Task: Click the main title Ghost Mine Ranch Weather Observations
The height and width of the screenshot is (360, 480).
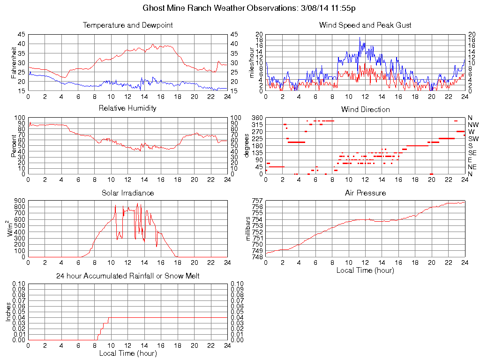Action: (x=249, y=8)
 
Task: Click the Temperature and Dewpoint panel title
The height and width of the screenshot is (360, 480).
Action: (x=127, y=25)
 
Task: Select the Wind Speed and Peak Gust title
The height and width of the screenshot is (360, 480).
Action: (x=365, y=25)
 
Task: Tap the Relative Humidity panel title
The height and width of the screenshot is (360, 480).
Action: (x=127, y=108)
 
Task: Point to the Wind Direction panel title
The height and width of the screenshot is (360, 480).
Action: (x=365, y=109)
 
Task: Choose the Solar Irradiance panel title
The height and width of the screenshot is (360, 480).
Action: (x=127, y=193)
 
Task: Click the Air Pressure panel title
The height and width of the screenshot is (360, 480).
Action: (x=365, y=193)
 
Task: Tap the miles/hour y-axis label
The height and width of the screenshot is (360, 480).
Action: (x=250, y=62)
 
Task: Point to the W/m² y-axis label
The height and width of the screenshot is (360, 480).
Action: (x=11, y=228)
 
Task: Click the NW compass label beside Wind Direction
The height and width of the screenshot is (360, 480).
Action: (x=472, y=125)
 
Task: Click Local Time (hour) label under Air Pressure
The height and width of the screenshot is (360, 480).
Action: (x=365, y=270)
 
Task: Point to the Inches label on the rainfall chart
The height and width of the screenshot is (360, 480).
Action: (x=8, y=311)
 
